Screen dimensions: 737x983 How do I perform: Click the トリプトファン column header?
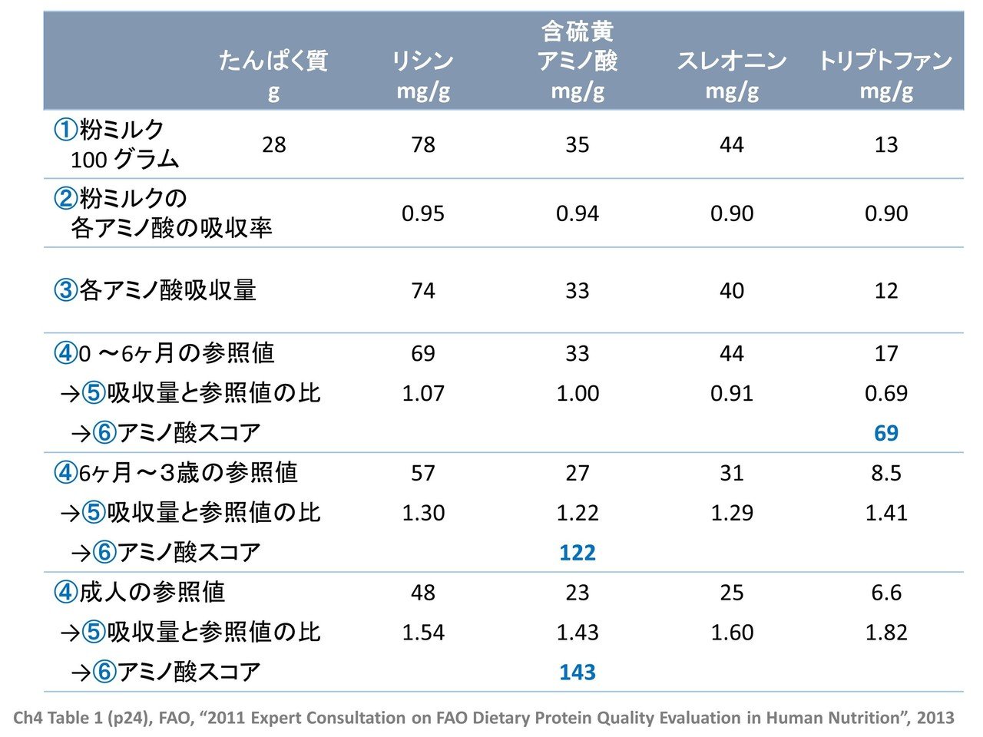[x=885, y=61]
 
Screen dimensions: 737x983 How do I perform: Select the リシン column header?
[x=423, y=61]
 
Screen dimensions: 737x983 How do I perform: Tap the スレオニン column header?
[x=731, y=61]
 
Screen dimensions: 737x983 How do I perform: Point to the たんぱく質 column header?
[x=273, y=61]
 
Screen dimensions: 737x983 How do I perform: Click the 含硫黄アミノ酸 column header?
[x=578, y=48]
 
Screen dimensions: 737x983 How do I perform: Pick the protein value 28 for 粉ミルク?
[x=273, y=144]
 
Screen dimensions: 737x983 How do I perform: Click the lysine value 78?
[x=423, y=144]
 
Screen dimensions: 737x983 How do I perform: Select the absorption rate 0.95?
[x=423, y=213]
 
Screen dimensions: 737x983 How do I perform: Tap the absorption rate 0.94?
[x=578, y=213]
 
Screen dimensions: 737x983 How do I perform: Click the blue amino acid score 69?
[x=885, y=433]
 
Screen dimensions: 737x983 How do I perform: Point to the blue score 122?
[x=578, y=553]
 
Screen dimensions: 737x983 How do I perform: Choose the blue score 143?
[x=578, y=673]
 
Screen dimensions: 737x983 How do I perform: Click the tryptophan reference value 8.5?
[x=885, y=473]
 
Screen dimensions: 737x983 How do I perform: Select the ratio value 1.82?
[x=885, y=633]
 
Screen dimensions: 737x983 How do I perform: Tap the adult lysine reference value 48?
[x=423, y=593]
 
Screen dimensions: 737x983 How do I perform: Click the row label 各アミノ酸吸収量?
[x=167, y=291]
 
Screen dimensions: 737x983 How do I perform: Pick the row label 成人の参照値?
[x=152, y=593]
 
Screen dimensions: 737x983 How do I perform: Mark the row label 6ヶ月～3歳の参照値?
[x=188, y=473]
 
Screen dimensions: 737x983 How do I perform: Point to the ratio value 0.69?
[x=885, y=393]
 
